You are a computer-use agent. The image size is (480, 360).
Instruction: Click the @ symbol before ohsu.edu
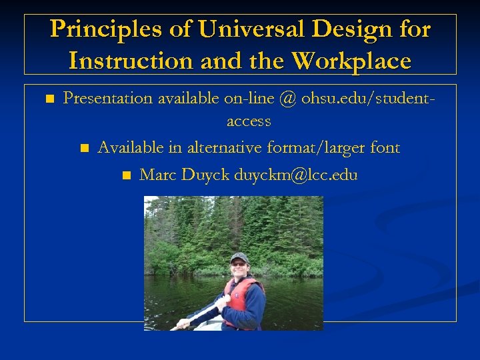287,99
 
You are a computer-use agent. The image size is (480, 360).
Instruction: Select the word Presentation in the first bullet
107,99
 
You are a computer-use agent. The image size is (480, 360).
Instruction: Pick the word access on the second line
249,121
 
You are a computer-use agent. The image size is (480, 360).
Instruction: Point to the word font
385,147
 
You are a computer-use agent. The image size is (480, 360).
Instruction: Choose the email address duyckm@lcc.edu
295,175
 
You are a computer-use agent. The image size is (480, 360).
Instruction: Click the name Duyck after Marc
203,175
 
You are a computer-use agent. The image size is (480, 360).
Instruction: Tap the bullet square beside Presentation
49,99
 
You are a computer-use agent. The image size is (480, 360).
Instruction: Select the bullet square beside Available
83,148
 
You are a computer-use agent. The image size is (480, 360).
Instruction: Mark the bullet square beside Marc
126,176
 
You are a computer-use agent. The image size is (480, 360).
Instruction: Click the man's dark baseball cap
239,257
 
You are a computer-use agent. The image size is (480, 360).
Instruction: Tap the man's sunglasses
238,264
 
